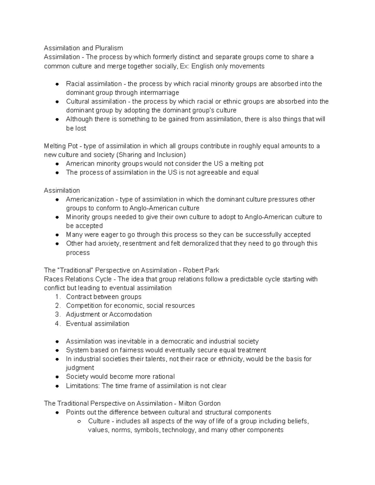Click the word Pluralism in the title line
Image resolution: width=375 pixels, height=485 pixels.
(110, 48)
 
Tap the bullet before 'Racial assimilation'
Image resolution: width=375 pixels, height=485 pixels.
(57, 84)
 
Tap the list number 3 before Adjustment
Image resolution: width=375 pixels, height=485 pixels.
(57, 314)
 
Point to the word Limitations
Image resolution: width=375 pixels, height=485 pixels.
(82, 386)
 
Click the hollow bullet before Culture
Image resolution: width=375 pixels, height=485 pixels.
(79, 422)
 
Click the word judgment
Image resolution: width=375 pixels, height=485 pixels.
(80, 368)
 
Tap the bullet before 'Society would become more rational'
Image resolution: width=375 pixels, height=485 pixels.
(57, 377)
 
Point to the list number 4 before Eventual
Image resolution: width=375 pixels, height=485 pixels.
(57, 324)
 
